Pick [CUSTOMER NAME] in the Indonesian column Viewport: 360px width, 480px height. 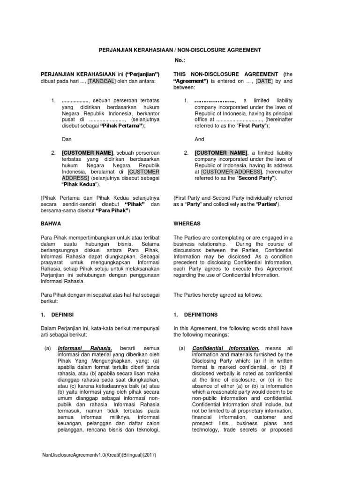pyautogui.click(x=88, y=153)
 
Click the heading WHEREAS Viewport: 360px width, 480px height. pyautogui.click(x=187, y=224)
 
